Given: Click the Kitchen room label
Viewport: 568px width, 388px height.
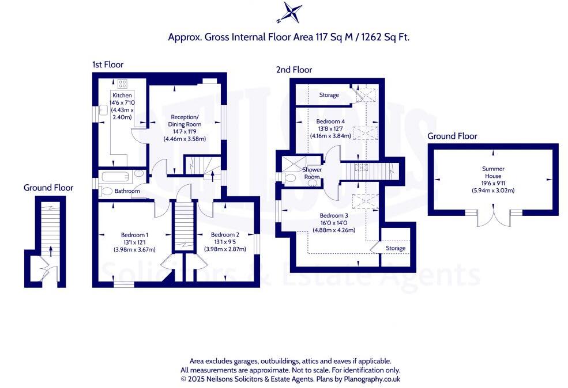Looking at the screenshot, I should click(x=122, y=96).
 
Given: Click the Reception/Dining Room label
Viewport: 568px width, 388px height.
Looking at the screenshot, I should click(x=185, y=120).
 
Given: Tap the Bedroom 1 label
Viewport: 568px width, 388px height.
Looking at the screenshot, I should click(x=134, y=235).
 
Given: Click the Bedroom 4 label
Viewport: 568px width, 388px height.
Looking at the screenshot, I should click(x=330, y=121).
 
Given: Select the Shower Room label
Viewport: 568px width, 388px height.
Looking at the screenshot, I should click(x=312, y=173).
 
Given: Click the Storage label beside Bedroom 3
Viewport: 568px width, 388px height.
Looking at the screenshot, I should click(x=396, y=248).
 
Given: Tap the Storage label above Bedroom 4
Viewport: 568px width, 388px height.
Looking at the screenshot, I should click(x=329, y=95).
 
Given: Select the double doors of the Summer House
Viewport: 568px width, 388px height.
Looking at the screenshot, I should click(x=494, y=219).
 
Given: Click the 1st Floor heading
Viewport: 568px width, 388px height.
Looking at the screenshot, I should click(x=107, y=64).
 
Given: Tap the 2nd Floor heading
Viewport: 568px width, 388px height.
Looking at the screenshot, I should click(x=293, y=70).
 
